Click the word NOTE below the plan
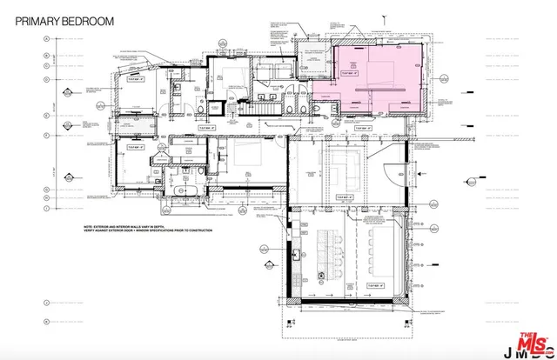[x=91, y=224]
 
